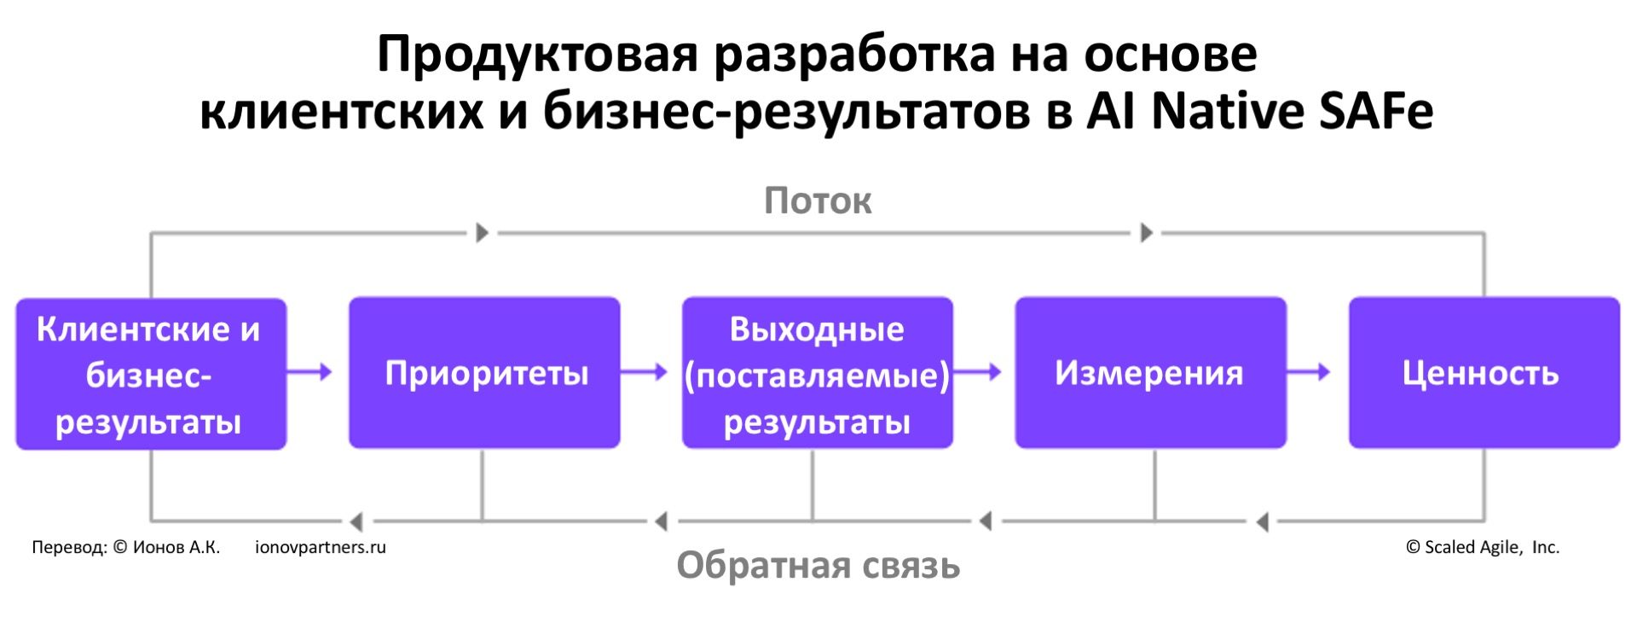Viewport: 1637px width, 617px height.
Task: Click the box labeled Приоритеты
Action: click(x=484, y=373)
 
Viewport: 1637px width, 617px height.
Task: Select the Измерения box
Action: click(x=1150, y=373)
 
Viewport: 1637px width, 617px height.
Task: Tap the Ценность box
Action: click(x=1484, y=373)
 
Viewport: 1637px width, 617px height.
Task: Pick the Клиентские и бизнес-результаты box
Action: click(x=151, y=374)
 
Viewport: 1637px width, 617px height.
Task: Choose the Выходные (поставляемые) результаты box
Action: click(x=817, y=373)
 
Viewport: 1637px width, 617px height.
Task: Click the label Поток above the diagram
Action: click(x=818, y=201)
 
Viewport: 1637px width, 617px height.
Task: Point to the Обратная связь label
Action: click(x=818, y=566)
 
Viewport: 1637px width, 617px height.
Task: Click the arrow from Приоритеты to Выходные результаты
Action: click(x=644, y=371)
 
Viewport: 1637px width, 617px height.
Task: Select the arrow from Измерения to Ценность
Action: click(x=1309, y=371)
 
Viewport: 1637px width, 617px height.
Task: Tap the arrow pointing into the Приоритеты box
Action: click(x=309, y=371)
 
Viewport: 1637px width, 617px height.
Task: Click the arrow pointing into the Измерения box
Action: click(x=977, y=371)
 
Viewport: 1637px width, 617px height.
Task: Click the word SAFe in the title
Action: click(x=1376, y=111)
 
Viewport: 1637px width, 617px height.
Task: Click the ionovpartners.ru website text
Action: click(x=321, y=547)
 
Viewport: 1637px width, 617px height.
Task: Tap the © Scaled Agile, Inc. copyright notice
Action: click(x=1483, y=547)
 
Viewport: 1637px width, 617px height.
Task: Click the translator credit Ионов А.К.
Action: click(x=176, y=547)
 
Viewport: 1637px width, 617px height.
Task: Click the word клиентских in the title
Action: click(x=341, y=111)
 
